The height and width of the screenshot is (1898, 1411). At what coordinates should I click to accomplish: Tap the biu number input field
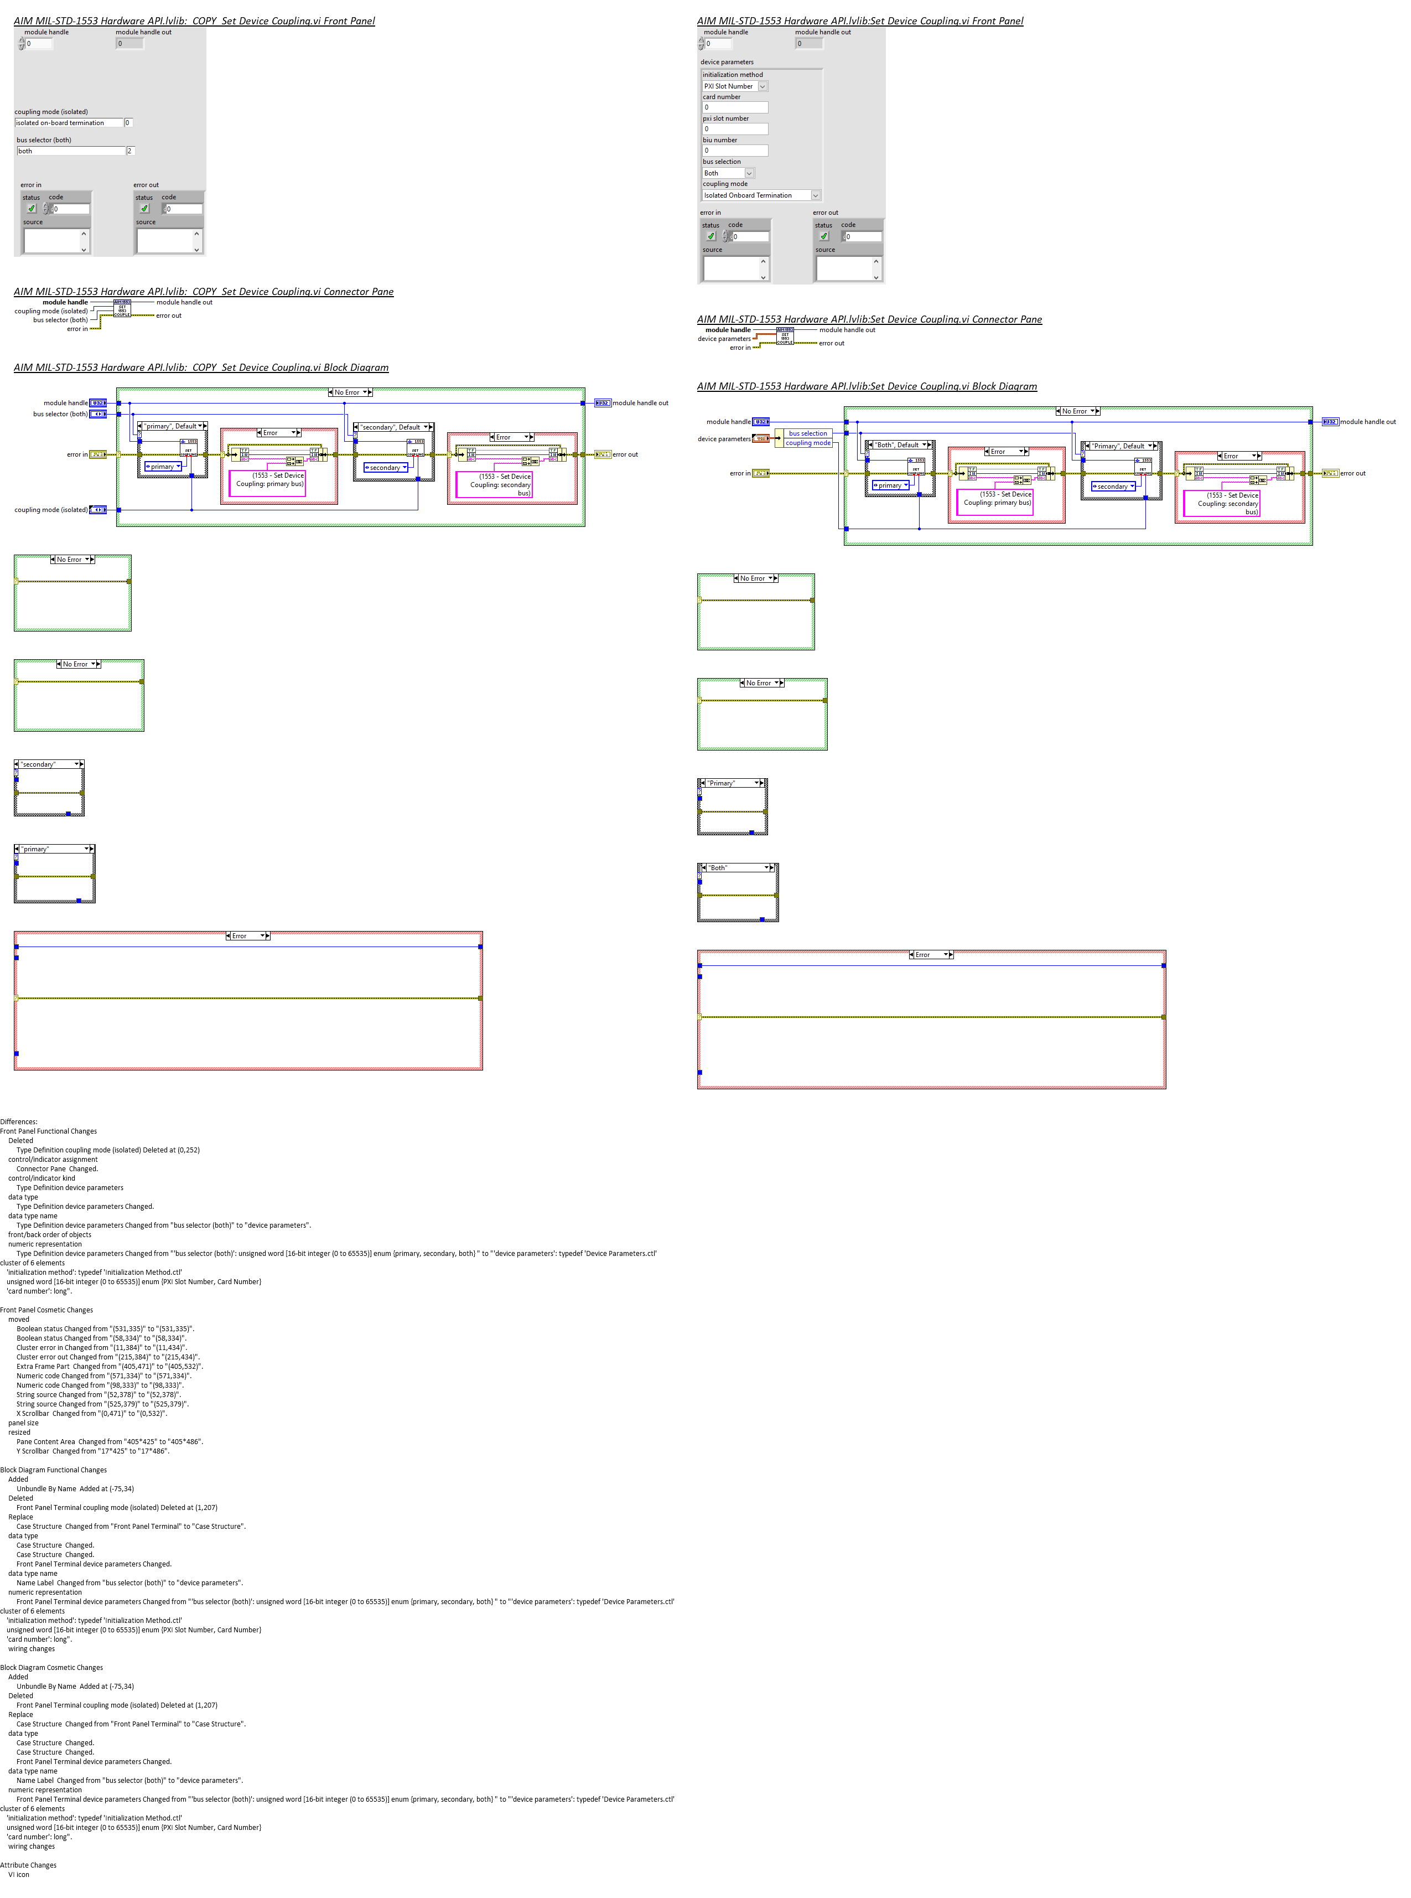[734, 151]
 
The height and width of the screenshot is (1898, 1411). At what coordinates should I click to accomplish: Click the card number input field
[734, 107]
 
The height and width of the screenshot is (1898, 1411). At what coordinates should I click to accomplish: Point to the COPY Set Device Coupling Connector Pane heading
[203, 291]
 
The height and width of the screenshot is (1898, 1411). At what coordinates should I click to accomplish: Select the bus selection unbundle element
[807, 433]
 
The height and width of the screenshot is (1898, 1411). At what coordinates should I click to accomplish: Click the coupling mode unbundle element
[807, 443]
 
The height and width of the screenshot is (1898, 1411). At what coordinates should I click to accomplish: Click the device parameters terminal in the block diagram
[760, 439]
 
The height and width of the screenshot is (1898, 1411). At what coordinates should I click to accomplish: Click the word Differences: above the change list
[19, 1121]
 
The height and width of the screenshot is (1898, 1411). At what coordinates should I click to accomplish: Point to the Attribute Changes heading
[28, 1865]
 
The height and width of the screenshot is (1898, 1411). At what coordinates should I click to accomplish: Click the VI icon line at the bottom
[19, 1874]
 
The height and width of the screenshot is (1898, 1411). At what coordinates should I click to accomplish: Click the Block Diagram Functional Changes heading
[53, 1470]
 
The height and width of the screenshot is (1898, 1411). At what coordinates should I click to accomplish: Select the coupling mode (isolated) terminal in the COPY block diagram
[98, 510]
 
